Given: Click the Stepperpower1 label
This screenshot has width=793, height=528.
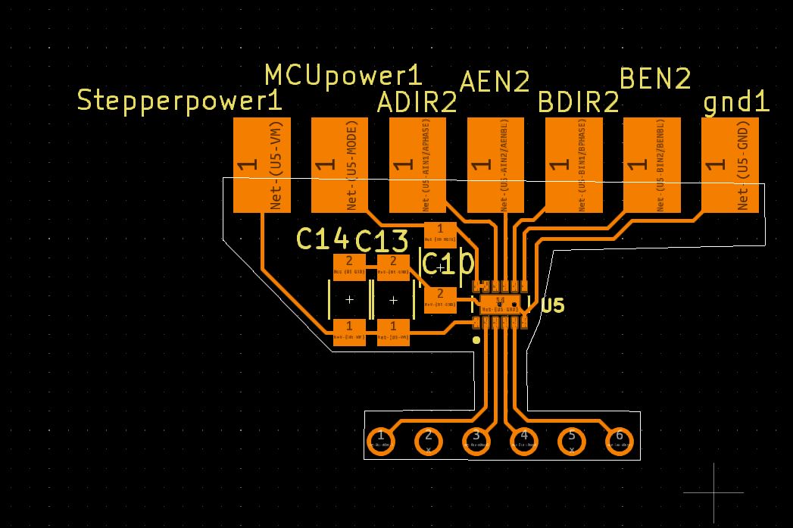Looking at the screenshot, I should (x=180, y=101).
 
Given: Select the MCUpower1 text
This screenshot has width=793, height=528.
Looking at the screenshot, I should (x=343, y=75).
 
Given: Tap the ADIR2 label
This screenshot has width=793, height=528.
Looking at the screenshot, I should (x=417, y=102).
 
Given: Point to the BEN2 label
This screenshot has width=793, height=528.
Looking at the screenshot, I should (x=655, y=78).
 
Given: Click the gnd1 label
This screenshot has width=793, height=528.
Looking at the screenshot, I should (x=736, y=102).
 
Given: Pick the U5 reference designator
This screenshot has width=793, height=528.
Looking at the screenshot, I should (x=553, y=305).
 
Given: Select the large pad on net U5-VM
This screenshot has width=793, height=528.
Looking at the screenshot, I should (x=262, y=164).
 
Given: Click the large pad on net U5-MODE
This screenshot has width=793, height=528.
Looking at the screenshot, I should (x=339, y=164).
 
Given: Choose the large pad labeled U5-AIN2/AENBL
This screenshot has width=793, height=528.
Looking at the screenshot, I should (x=495, y=164).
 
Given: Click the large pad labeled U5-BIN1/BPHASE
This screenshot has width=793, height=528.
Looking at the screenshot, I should (x=573, y=164).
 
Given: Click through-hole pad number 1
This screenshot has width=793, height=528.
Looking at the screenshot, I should (x=380, y=439).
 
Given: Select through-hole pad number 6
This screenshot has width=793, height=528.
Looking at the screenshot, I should (x=620, y=439).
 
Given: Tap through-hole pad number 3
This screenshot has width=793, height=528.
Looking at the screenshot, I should (x=476, y=439).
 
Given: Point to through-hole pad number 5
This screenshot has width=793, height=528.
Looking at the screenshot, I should (x=572, y=439).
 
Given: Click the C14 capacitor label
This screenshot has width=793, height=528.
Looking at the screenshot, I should (x=322, y=239).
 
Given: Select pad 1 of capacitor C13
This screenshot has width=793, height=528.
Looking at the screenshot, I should (x=393, y=332).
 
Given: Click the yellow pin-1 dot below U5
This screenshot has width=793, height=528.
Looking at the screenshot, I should (x=476, y=340).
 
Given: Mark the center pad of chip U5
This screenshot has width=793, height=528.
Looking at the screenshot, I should (x=500, y=305).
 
